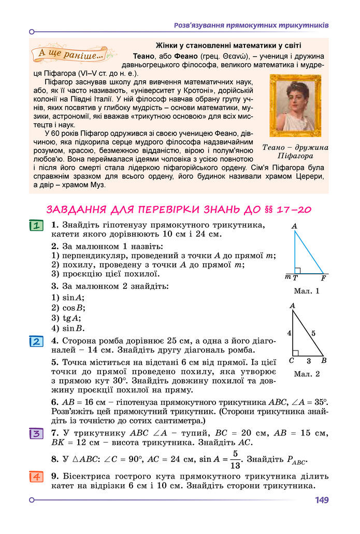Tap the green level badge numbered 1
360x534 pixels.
point(36,226)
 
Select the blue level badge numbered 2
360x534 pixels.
point(36,341)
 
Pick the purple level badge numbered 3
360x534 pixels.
point(36,434)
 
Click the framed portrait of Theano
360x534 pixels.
point(295,106)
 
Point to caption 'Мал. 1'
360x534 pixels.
point(307,291)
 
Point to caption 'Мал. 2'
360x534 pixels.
point(307,373)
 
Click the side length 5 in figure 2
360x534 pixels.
point(313,333)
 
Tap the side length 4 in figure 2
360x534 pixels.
point(289,333)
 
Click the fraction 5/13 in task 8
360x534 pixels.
point(235,459)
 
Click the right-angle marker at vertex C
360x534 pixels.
point(296,353)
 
